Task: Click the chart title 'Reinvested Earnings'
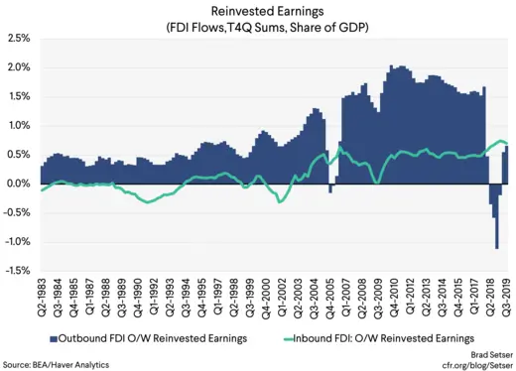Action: click(x=257, y=11)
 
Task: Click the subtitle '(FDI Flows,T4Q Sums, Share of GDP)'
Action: click(x=257, y=27)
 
